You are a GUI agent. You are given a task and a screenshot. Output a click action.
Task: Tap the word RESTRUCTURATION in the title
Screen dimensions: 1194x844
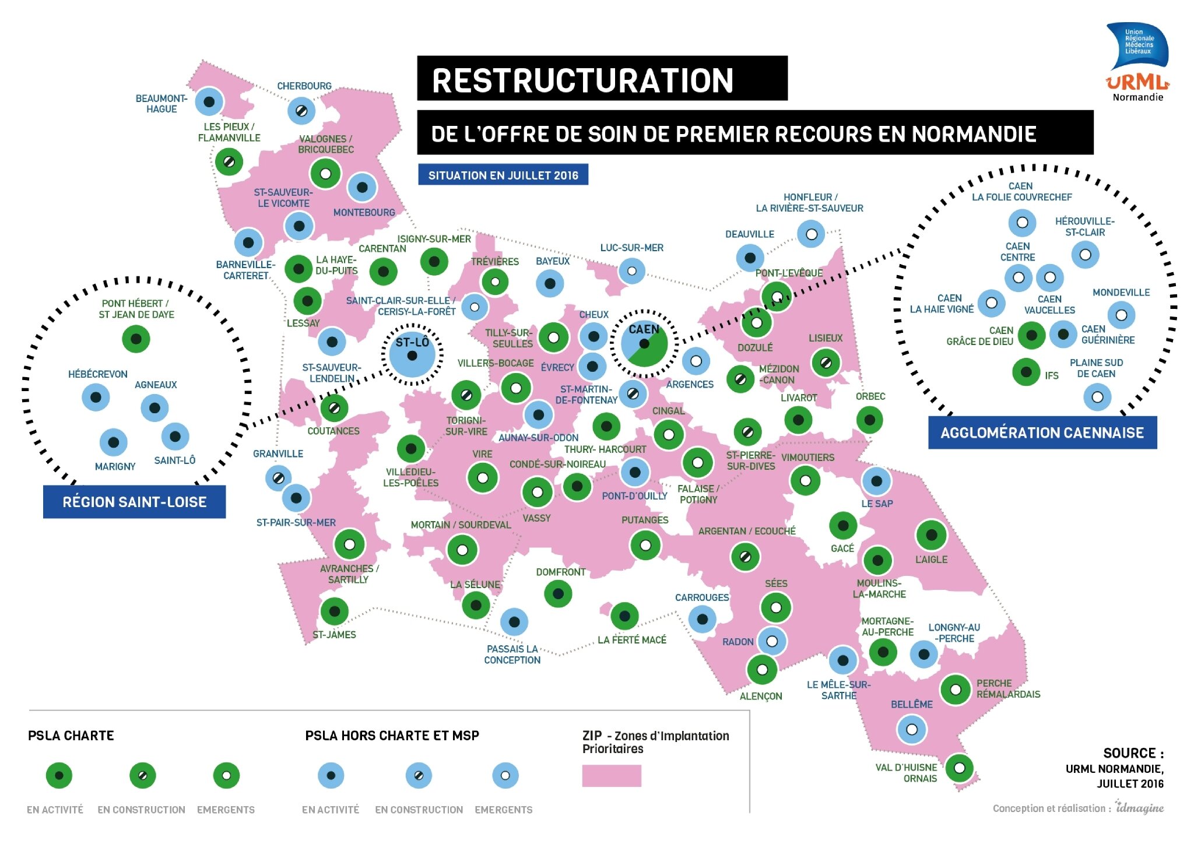click(x=582, y=80)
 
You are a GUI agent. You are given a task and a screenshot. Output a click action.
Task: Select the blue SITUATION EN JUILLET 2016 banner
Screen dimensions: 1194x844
click(x=503, y=175)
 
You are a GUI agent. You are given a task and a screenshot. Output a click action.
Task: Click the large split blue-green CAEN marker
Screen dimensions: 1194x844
click(x=644, y=344)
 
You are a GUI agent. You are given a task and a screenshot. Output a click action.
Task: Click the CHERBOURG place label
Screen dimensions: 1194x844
click(x=304, y=86)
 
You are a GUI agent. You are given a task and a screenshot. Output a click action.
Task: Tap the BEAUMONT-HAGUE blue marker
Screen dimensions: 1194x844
click(x=209, y=102)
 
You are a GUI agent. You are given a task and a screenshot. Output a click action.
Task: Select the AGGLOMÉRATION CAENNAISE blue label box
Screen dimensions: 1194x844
click(x=1042, y=432)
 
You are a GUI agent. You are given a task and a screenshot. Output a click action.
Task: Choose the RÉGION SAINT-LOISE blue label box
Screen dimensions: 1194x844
click(x=135, y=502)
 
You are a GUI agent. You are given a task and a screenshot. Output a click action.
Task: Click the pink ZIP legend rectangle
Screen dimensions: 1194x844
click(x=612, y=776)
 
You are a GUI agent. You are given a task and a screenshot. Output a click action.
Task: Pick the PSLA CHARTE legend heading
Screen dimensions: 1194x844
click(x=71, y=736)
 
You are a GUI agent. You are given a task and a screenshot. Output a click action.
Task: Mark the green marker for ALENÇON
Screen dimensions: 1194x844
click(x=762, y=670)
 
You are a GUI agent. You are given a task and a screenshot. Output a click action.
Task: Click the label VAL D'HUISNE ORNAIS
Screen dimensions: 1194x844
click(x=907, y=773)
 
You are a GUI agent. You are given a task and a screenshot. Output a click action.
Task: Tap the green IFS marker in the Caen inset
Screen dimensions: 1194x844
click(x=1027, y=372)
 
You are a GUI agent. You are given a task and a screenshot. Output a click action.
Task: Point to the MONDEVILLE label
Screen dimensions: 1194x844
click(x=1121, y=293)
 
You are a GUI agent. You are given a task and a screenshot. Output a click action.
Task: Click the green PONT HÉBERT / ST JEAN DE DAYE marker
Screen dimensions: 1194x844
click(x=136, y=339)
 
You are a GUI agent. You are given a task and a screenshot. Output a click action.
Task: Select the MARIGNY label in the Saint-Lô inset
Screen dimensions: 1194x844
click(x=115, y=466)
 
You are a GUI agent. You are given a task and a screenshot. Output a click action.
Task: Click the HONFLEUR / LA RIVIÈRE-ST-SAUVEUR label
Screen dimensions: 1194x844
click(x=809, y=203)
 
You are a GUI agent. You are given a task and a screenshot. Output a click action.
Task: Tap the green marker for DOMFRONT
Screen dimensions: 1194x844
click(x=558, y=593)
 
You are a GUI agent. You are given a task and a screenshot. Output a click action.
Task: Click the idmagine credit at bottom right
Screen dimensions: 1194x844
click(x=1140, y=807)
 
